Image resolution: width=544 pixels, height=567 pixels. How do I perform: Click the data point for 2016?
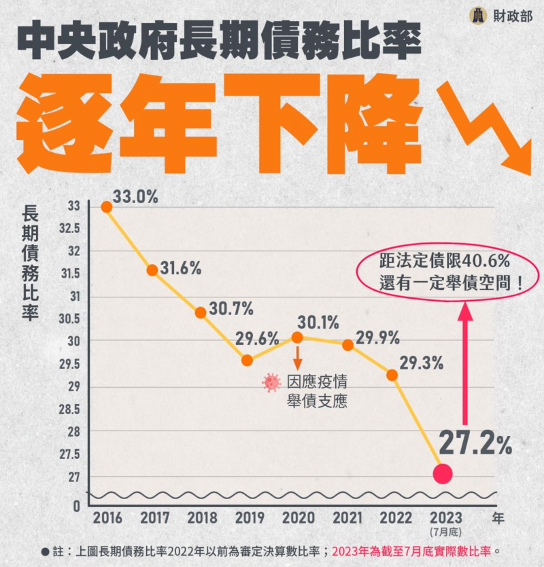pos(106,206)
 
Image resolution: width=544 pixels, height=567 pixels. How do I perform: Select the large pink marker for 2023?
pos(443,474)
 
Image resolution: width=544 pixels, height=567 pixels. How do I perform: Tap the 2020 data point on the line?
pos(297,337)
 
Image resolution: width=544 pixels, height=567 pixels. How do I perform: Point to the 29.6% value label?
pos(258,337)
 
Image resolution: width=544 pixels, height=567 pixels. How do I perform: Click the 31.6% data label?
pos(180,268)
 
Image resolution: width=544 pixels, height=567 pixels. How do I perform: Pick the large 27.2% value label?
pos(475,443)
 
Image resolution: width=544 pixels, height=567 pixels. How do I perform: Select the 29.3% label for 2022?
pos(421,363)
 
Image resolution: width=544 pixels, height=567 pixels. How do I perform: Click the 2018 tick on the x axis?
pos(203,518)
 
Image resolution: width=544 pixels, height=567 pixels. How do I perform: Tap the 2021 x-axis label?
pos(347,518)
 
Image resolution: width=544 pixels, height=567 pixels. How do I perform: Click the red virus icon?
pos(271,383)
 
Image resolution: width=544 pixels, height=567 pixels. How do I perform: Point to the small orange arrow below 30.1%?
pos(297,358)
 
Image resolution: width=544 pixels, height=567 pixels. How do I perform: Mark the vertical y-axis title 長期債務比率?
pos(31,264)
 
